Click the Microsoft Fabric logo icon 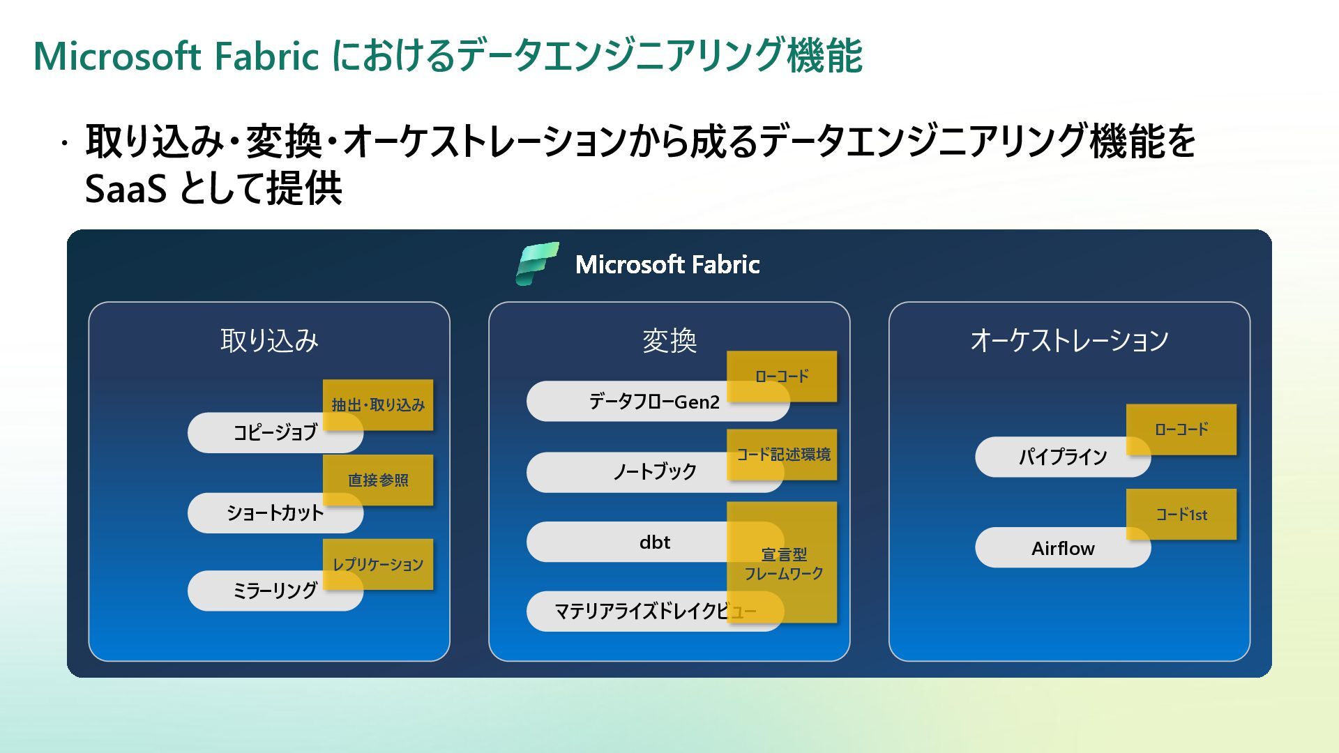click(537, 264)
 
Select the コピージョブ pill click(275, 432)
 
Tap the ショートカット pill click(275, 513)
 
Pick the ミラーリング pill click(275, 591)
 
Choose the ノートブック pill click(655, 472)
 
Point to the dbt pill click(655, 542)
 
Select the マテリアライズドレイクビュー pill click(655, 611)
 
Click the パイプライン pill click(1063, 457)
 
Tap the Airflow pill click(1063, 547)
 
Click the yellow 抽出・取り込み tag click(378, 405)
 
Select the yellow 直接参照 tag click(378, 480)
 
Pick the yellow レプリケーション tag click(378, 565)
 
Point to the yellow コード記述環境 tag click(782, 455)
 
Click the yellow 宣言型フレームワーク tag click(782, 562)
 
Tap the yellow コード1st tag click(1181, 515)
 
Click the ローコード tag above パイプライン click(1181, 429)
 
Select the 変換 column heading click(669, 341)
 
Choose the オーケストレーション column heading click(1069, 340)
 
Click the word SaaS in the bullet click(126, 188)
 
